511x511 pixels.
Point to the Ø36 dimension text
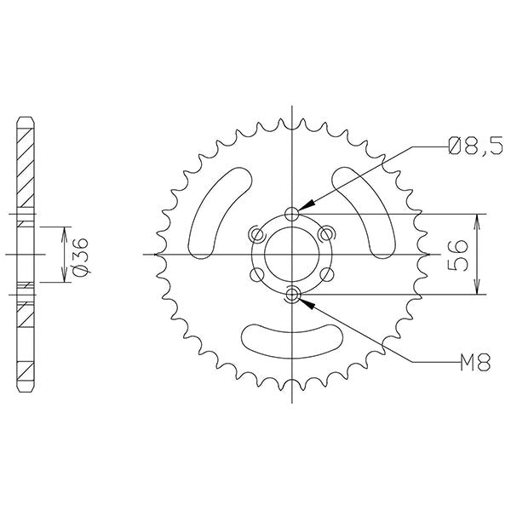point(79,255)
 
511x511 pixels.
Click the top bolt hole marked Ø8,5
point(293,212)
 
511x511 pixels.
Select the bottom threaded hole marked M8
point(293,295)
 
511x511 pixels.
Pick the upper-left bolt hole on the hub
point(254,233)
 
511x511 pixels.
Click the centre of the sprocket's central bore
point(293,254)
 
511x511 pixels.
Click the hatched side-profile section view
point(26,254)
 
